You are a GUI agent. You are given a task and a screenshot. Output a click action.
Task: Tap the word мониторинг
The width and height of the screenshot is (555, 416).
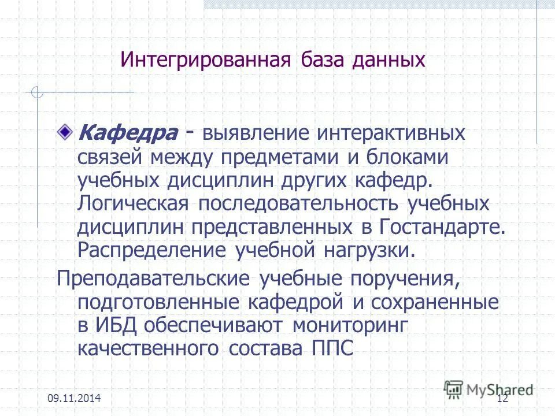350,325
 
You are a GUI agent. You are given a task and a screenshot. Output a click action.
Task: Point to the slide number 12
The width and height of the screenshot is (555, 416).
502,398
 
